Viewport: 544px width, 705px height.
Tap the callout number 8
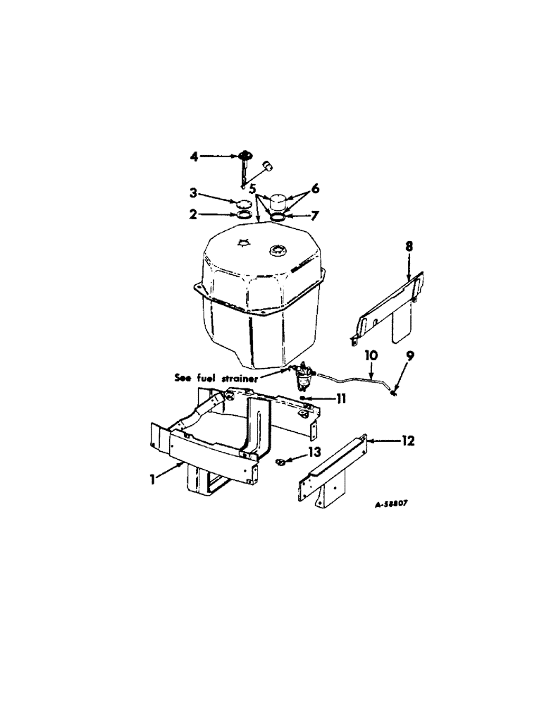coord(409,247)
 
